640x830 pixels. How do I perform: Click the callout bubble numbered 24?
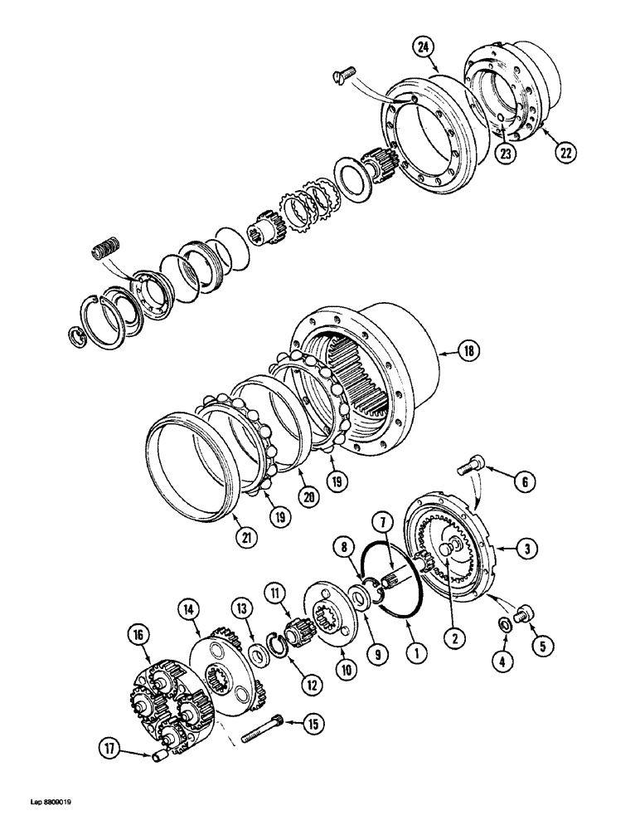pyautogui.click(x=423, y=49)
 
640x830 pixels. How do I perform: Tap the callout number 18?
pyautogui.click(x=470, y=352)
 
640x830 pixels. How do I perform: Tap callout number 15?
pyautogui.click(x=313, y=725)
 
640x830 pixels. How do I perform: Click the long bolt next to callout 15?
pyautogui.click(x=264, y=731)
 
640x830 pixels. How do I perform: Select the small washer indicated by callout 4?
pyautogui.click(x=504, y=622)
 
